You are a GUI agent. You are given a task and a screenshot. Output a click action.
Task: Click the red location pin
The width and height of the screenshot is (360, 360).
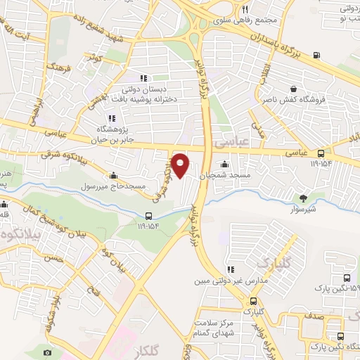coord(181,165)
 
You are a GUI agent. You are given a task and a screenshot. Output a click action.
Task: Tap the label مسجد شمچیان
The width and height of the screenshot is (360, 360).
coord(226,176)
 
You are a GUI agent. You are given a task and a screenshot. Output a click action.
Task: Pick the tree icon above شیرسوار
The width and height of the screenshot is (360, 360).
coord(303,198)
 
